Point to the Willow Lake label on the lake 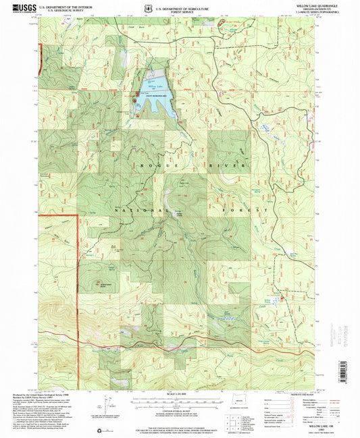tap(155, 88)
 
